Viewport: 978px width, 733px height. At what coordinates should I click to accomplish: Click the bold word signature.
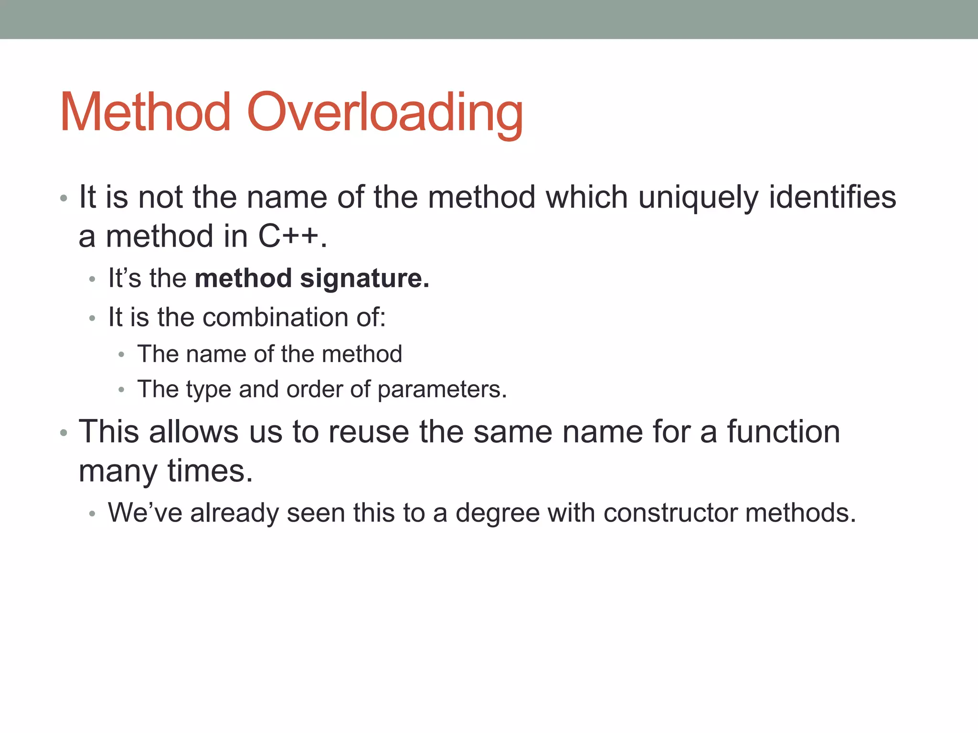(364, 279)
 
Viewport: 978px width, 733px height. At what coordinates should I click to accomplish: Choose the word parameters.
(442, 390)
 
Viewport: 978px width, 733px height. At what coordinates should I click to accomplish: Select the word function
(783, 432)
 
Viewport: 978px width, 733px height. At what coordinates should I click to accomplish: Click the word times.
(210, 471)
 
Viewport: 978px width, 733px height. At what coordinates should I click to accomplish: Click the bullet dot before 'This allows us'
(64, 433)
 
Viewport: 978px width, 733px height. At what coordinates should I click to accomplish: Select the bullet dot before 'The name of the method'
(121, 355)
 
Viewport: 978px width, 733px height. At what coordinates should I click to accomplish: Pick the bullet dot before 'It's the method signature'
(92, 279)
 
